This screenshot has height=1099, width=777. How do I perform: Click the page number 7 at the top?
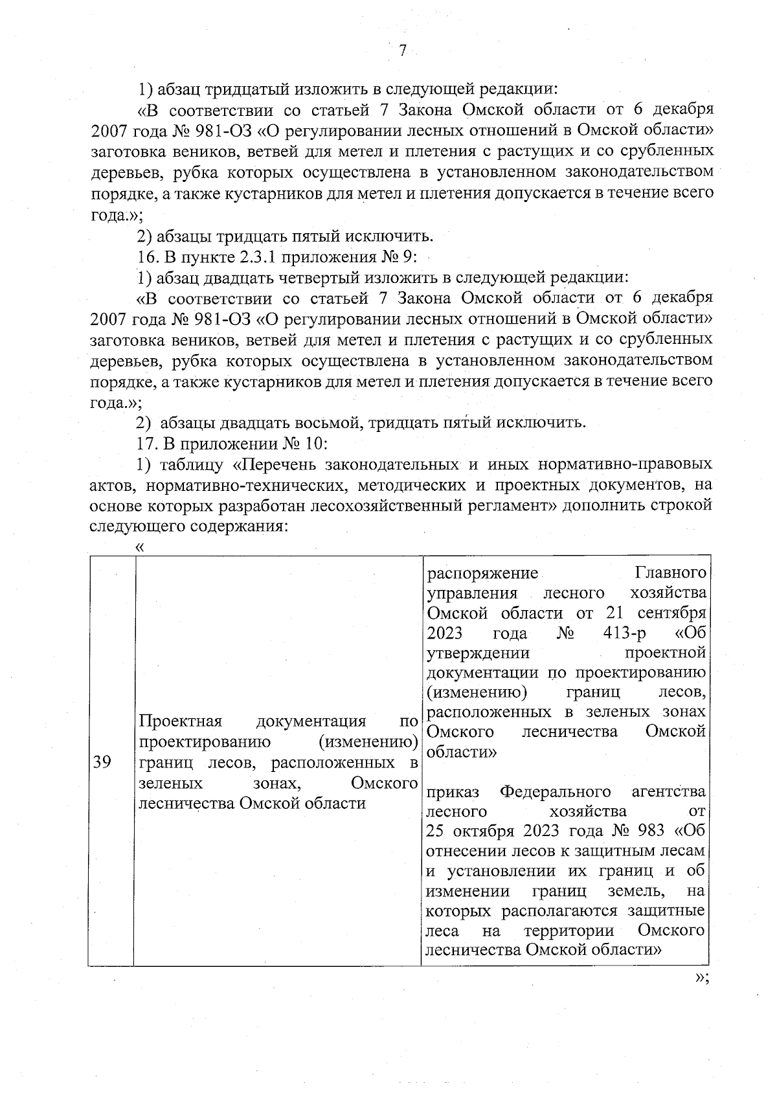click(402, 51)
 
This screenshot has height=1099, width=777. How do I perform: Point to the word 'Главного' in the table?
click(670, 574)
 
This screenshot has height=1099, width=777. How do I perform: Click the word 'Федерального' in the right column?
click(556, 791)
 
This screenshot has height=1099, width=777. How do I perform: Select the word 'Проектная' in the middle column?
click(181, 721)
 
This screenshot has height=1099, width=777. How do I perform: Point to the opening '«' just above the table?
click(139, 547)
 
